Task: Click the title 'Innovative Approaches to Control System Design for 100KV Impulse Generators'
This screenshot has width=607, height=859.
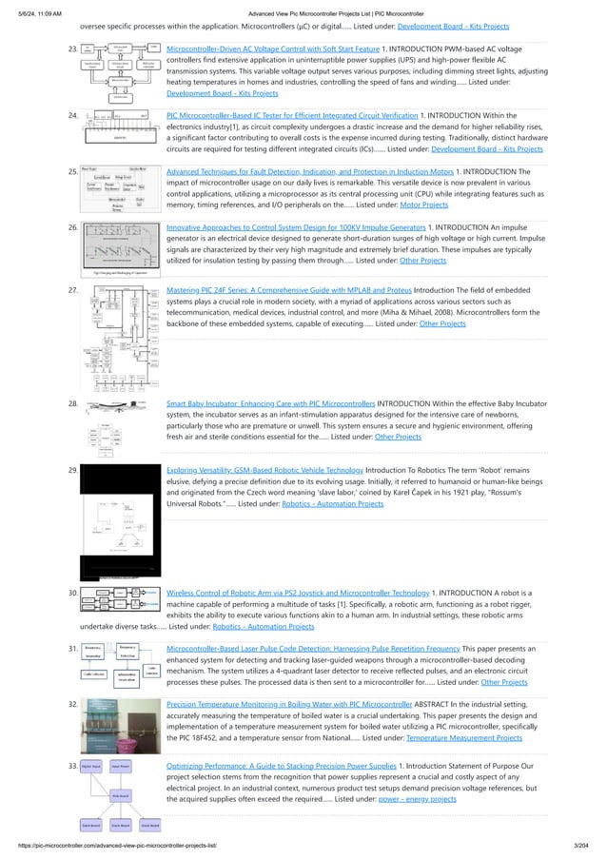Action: click(x=296, y=228)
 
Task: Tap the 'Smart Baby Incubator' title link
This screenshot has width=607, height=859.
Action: click(x=270, y=403)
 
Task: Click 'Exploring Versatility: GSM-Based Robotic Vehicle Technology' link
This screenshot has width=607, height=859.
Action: click(x=264, y=470)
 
